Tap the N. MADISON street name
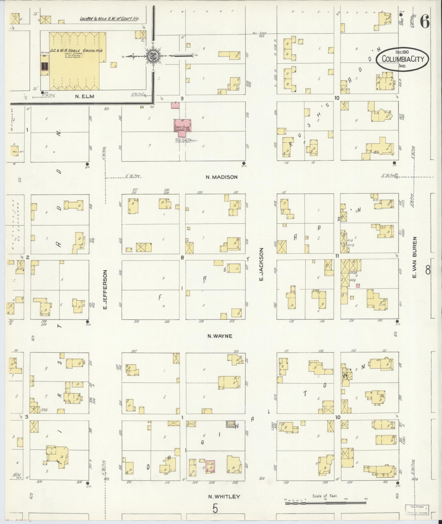pyautogui.click(x=222, y=177)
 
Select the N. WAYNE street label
pyautogui.click(x=220, y=336)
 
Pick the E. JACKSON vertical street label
pyautogui.click(x=261, y=264)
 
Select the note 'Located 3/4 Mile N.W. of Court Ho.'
pyautogui.click(x=109, y=19)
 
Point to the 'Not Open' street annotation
pyautogui.click(x=263, y=34)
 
